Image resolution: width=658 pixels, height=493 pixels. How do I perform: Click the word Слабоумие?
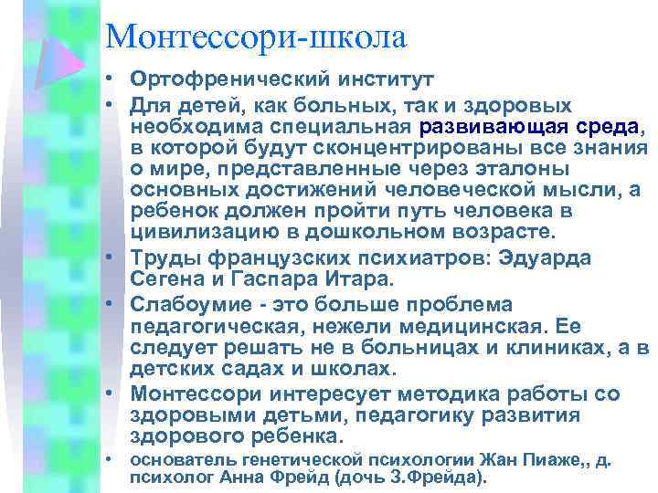pyautogui.click(x=194, y=305)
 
